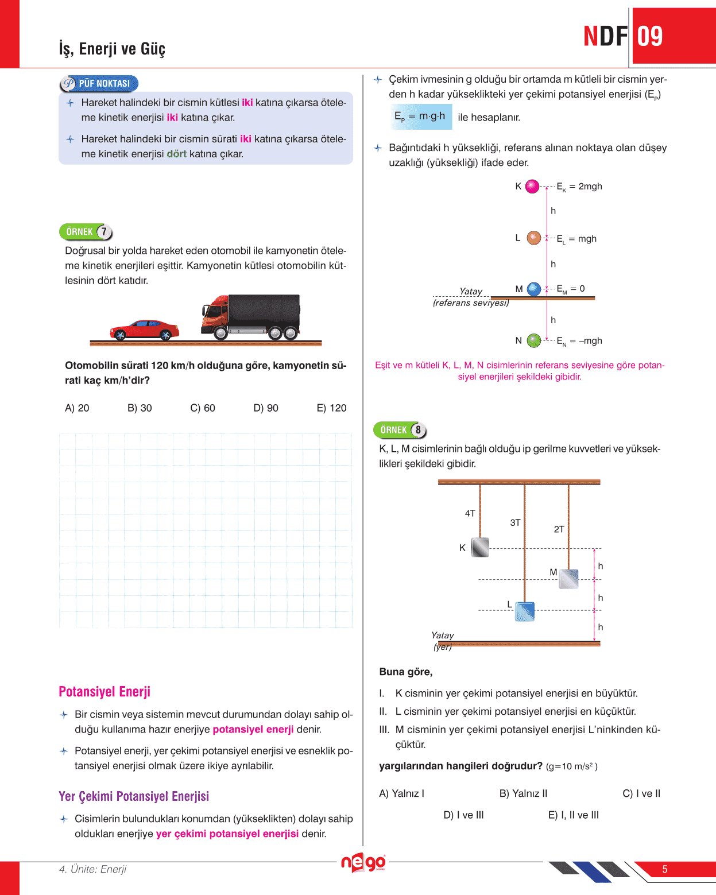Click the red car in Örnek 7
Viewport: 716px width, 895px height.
tap(145, 330)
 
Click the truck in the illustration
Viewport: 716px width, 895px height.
tap(251, 316)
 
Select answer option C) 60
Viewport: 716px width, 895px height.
tap(203, 408)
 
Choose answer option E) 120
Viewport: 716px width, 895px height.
tap(331, 408)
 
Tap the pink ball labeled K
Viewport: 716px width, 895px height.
tap(532, 186)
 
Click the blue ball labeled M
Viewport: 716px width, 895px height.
tap(534, 289)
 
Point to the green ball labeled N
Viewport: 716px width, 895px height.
tap(534, 340)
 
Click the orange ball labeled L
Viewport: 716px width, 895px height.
tap(534, 238)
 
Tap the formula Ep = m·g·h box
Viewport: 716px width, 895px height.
tap(420, 117)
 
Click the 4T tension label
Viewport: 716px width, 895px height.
tap(470, 513)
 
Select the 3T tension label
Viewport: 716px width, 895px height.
tap(515, 522)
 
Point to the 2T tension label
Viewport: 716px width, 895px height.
tap(559, 529)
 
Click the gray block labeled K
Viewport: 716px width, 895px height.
tap(480, 548)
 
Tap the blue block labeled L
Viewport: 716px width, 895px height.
tap(525, 611)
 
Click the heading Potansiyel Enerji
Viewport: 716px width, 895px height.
tap(105, 692)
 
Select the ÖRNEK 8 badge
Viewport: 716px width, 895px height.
tap(400, 430)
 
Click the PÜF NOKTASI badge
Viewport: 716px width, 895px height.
tap(99, 84)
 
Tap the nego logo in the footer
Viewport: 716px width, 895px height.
tap(363, 862)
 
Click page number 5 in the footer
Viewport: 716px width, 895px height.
tap(664, 869)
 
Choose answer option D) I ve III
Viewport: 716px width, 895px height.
tap(463, 815)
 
